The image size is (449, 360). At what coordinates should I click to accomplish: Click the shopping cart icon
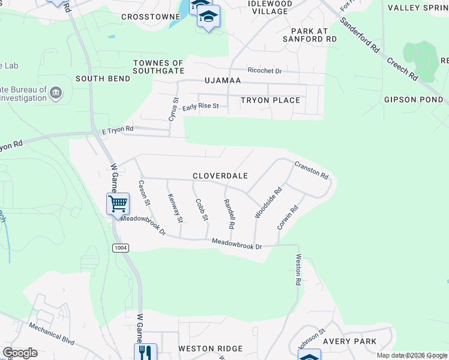point(118,203)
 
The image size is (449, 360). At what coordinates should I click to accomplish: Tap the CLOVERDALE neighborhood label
point(220,176)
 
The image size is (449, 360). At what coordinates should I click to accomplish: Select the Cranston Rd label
point(312,169)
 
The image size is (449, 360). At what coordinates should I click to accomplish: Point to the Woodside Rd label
point(268,204)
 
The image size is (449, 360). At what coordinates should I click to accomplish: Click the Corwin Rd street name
point(288,218)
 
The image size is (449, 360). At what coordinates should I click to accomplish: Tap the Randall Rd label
point(228,214)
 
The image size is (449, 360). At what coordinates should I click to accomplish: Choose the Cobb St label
point(202,209)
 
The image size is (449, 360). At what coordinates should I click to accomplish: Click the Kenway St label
point(175,208)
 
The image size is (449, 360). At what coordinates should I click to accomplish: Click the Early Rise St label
point(201,107)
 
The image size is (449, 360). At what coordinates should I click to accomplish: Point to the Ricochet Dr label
point(265,71)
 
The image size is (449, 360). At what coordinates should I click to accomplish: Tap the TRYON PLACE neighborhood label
point(270,100)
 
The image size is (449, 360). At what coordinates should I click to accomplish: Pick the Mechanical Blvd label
point(52,334)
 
